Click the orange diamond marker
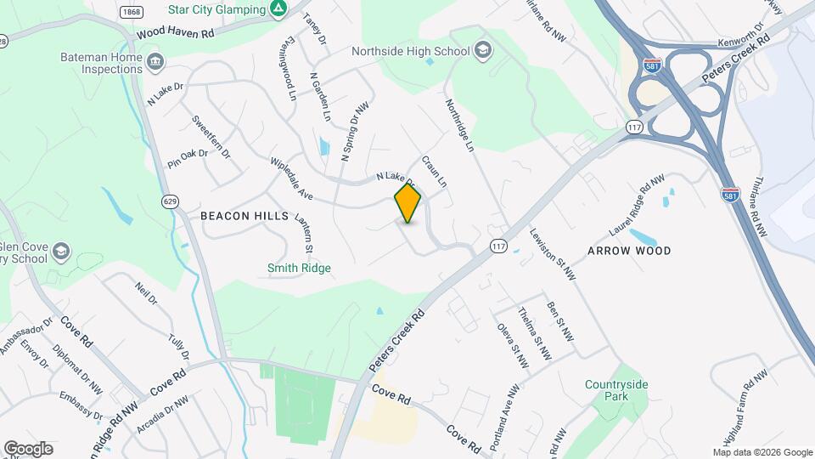(x=407, y=203)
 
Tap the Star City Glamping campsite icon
(x=278, y=8)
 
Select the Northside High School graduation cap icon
(x=483, y=51)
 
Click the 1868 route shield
(x=131, y=12)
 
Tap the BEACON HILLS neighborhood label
(x=244, y=217)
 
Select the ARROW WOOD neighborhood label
(x=629, y=251)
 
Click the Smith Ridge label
(x=299, y=269)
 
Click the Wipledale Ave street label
(x=292, y=179)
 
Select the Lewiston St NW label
(x=552, y=253)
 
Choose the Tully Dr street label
(x=177, y=347)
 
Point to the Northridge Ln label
(x=458, y=125)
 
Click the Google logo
(x=28, y=449)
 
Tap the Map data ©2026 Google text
(x=762, y=452)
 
